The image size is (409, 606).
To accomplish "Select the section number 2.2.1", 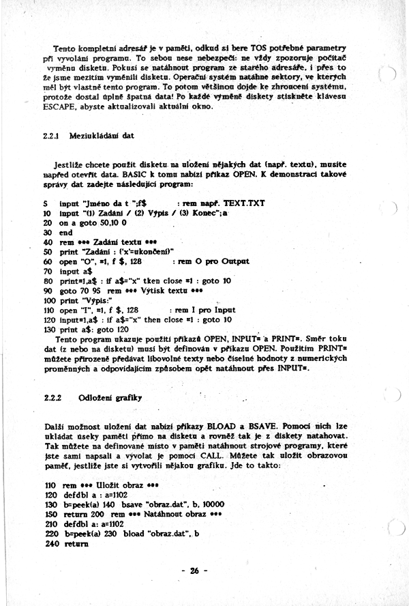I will point(50,135).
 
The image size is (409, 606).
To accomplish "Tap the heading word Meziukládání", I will point(93,135).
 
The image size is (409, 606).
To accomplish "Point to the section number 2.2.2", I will point(52,397).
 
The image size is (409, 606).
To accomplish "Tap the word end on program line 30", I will point(66,232).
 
